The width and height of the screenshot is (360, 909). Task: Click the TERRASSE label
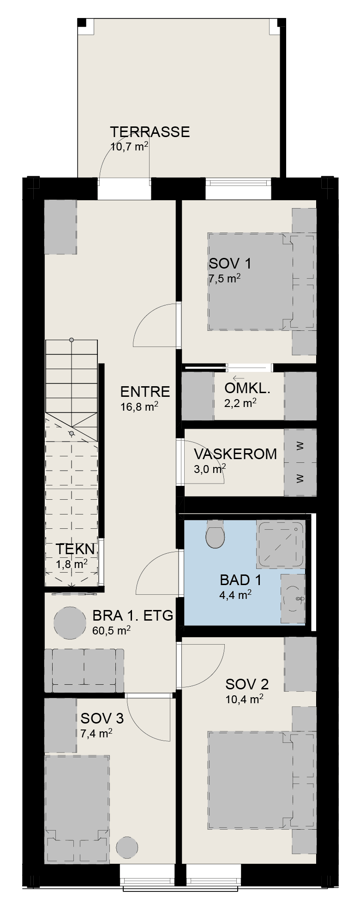pos(150,132)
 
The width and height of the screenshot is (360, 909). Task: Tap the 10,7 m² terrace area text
pos(129,147)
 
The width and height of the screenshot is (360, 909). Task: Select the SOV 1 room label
pos(230,263)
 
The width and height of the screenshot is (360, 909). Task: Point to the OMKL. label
pos(247,389)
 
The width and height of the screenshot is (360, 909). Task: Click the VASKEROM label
pos(235,454)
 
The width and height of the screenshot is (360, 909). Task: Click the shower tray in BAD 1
pos(281,545)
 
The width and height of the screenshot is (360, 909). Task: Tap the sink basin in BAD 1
pos(293,598)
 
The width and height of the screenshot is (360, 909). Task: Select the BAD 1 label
pos(240,580)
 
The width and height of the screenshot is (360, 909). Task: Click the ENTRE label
pos(145,392)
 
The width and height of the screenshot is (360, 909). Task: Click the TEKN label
pos(76,549)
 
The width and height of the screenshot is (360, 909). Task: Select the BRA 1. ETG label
pos(133,616)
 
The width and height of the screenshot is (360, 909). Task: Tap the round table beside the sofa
pos(70,623)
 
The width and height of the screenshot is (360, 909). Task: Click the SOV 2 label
pos(247,684)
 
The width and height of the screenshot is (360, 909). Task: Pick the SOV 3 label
pos(102,718)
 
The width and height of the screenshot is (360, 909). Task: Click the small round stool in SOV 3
pos(126,848)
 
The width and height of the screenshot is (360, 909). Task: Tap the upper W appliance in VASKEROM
pos(300,446)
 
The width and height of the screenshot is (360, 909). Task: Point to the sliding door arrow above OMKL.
pos(239,378)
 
